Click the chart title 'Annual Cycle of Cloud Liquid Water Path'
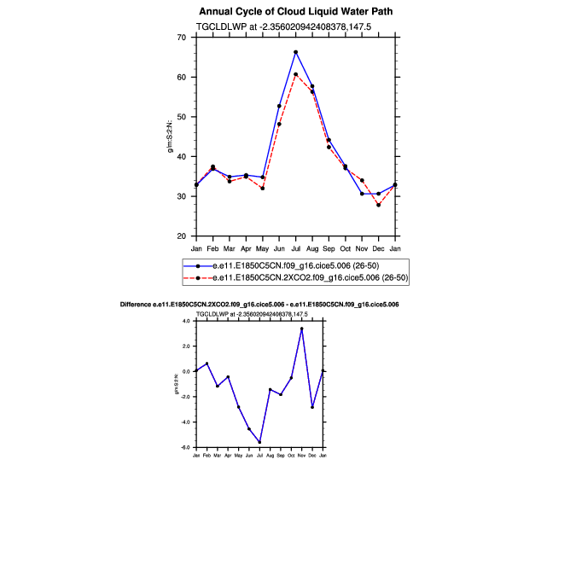[285, 12]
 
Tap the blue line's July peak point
[295, 52]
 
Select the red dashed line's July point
[295, 74]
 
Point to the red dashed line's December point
[378, 205]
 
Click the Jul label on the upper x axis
[295, 248]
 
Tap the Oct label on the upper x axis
[345, 248]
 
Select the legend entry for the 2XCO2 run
[294, 277]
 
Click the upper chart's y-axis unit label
[172, 137]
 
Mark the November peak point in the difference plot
[301, 329]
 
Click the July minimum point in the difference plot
[259, 442]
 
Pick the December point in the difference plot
[312, 407]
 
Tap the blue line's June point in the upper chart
[279, 106]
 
